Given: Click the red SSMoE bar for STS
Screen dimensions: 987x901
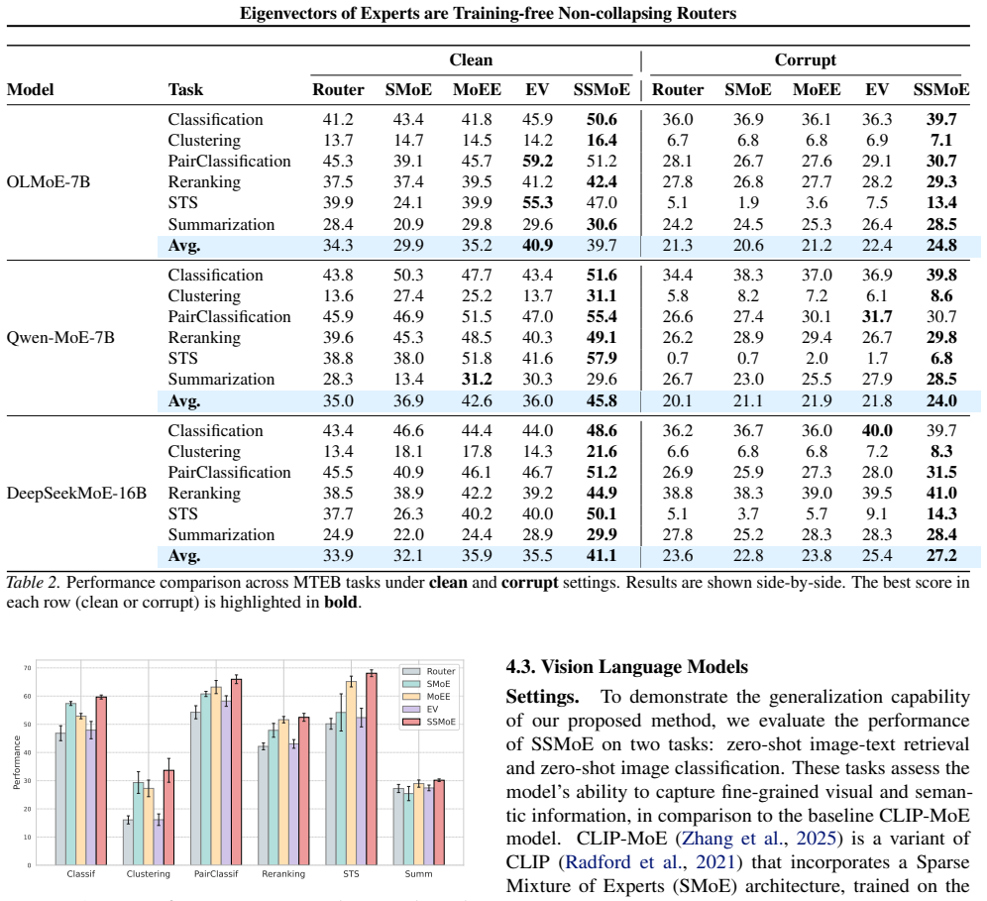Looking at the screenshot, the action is pyautogui.click(x=372, y=769).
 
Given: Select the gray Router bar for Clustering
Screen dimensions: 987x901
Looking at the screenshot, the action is pyautogui.click(x=128, y=843).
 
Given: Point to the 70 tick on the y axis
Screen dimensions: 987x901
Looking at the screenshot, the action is pyautogui.click(x=27, y=668).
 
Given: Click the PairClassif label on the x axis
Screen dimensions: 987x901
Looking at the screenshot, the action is pyautogui.click(x=216, y=874).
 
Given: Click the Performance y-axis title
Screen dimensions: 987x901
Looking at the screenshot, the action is pyautogui.click(x=17, y=762).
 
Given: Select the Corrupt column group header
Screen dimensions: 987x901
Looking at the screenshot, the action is pyautogui.click(x=805, y=59).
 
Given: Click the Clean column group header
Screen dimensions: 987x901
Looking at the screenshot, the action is pyautogui.click(x=471, y=59).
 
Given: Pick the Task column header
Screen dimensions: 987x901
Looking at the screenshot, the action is pyautogui.click(x=185, y=89).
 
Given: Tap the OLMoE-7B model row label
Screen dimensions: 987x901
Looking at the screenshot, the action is pyautogui.click(x=49, y=182).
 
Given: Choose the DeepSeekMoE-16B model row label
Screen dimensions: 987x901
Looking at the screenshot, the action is pyautogui.click(x=76, y=493).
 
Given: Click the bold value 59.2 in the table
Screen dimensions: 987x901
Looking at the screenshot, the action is pyautogui.click(x=537, y=162).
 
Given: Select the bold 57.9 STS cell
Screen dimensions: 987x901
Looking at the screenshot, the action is pyautogui.click(x=602, y=358).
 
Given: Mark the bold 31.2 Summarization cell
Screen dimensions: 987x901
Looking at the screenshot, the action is pyautogui.click(x=477, y=379).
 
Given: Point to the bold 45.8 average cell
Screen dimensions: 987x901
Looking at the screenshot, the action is pyautogui.click(x=602, y=401).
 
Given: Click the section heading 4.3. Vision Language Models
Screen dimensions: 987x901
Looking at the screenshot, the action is pyautogui.click(x=627, y=667).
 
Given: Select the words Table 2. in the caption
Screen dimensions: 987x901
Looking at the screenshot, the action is pyautogui.click(x=33, y=583).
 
